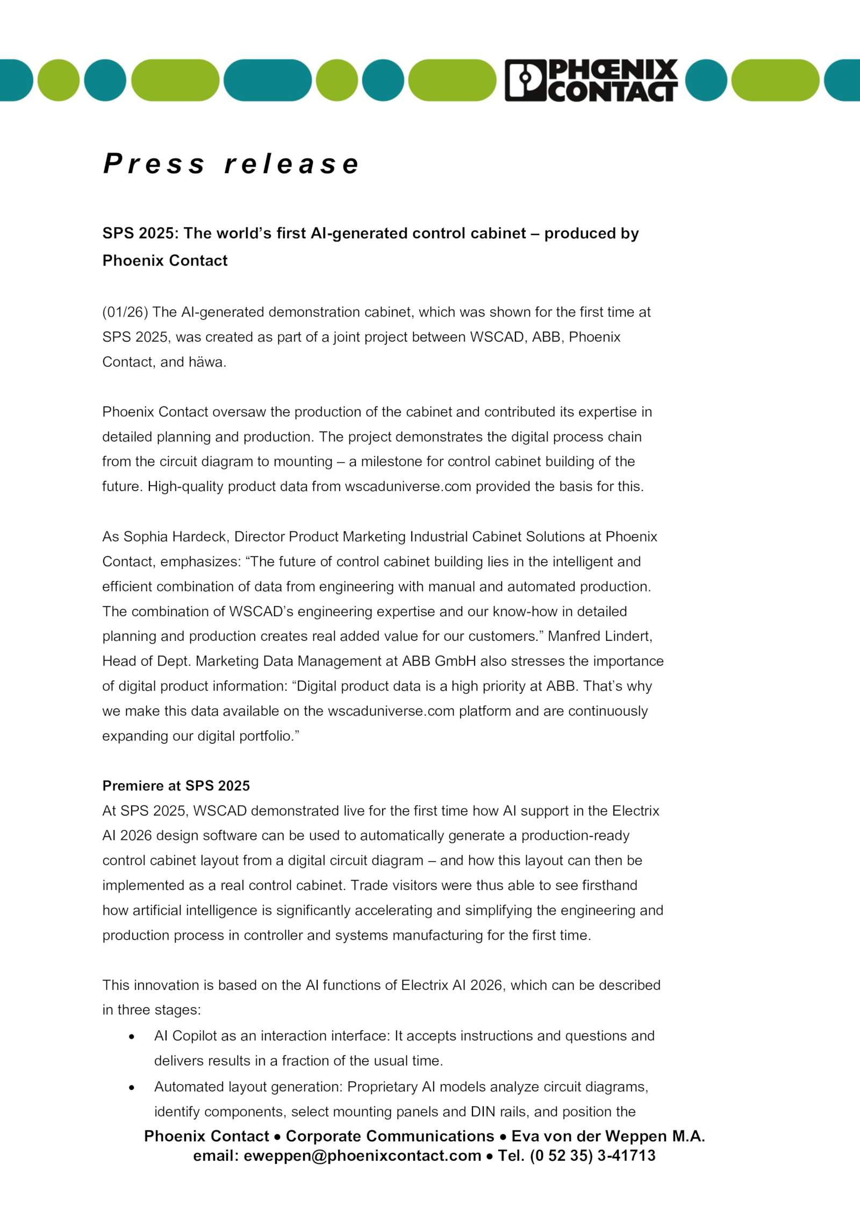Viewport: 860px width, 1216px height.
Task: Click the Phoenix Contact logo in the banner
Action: [x=591, y=80]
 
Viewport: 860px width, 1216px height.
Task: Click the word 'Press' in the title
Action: [x=154, y=163]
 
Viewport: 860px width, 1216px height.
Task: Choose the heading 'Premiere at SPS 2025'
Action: [x=176, y=786]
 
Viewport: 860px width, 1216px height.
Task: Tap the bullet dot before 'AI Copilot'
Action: [x=132, y=1036]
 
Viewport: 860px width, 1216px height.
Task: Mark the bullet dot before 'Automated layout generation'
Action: [x=132, y=1088]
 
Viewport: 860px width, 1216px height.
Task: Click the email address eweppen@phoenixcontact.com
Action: [x=362, y=1156]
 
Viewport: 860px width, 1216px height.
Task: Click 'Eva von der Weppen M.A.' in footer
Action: [x=608, y=1136]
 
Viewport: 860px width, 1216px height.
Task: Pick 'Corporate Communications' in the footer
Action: [x=390, y=1136]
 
